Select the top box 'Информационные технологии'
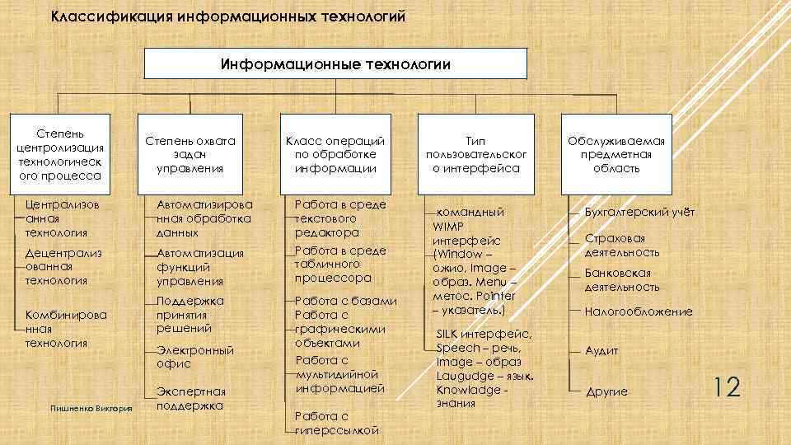335,63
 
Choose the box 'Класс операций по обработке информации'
335,154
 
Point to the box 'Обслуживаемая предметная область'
616,154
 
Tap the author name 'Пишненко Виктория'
91,410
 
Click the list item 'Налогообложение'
638,311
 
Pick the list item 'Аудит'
601,350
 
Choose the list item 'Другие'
606,392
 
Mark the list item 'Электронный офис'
194,357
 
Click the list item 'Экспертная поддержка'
190,398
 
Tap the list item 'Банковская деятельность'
622,279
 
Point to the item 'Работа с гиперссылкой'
336,423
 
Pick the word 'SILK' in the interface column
452,335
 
